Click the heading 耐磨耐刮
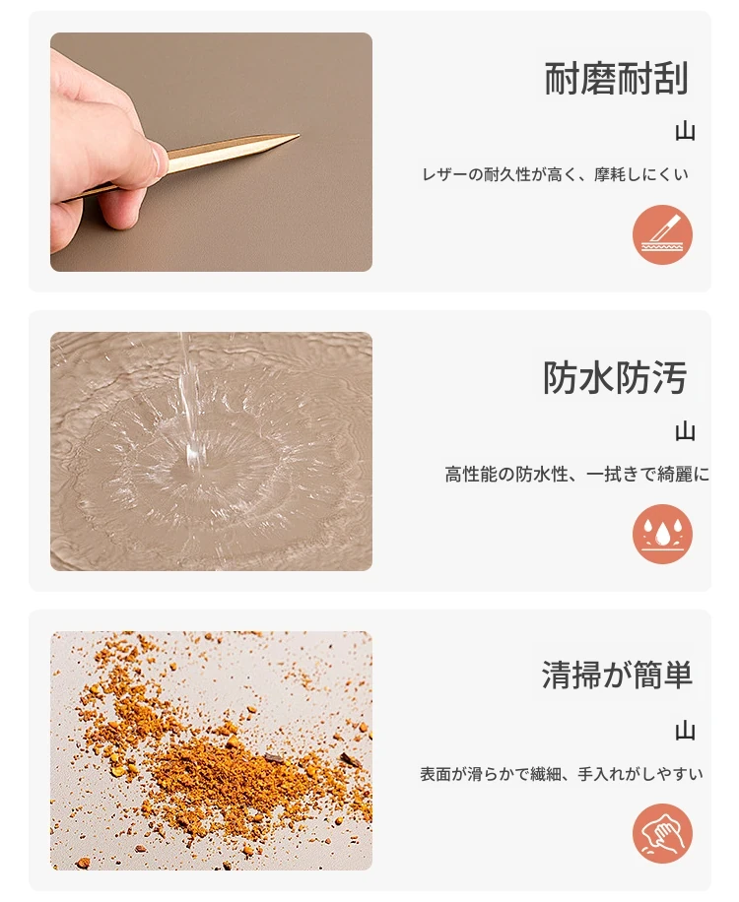(616, 78)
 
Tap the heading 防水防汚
(615, 378)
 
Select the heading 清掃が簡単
(617, 675)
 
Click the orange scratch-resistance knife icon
(662, 234)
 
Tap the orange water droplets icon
(662, 535)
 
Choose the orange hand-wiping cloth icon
(662, 833)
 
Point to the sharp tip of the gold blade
(300, 136)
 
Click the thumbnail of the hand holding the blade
(211, 152)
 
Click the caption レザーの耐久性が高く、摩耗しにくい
(556, 174)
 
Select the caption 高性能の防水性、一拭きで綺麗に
(576, 474)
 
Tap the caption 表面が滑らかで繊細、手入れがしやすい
(562, 774)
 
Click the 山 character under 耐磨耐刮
(685, 132)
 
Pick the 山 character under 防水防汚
(685, 431)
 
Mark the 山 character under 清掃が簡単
(685, 731)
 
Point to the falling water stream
(190, 397)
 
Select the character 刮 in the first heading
(670, 78)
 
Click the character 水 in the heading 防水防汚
(597, 378)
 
